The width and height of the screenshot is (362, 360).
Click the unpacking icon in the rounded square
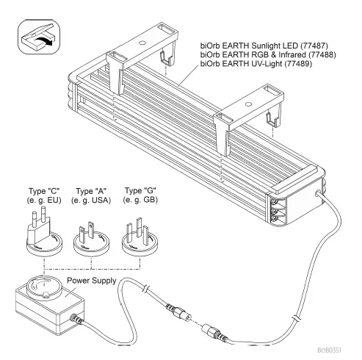[37, 37]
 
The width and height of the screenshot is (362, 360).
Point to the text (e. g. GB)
[138, 203]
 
